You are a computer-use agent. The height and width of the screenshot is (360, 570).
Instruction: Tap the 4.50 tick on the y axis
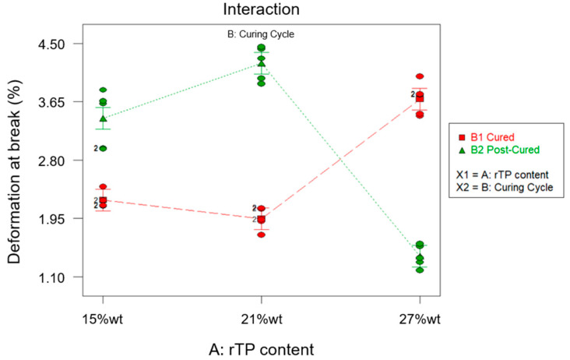click(x=55, y=44)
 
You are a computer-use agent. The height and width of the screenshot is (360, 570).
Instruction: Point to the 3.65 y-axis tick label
click(x=55, y=102)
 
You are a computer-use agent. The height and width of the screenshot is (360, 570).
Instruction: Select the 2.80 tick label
click(x=55, y=161)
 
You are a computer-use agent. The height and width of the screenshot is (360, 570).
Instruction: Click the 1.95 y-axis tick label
click(x=55, y=219)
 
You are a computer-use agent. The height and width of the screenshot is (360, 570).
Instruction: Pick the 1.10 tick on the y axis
click(x=55, y=277)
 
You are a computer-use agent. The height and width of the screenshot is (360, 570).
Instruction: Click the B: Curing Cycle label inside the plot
click(x=261, y=34)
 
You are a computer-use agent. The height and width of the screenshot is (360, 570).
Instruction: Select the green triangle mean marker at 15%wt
click(x=103, y=118)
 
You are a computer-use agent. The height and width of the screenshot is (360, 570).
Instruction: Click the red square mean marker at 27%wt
click(x=420, y=98)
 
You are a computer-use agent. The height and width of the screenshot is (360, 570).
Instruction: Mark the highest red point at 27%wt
click(x=420, y=76)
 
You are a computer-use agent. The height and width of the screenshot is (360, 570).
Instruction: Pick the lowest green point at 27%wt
click(x=420, y=270)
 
